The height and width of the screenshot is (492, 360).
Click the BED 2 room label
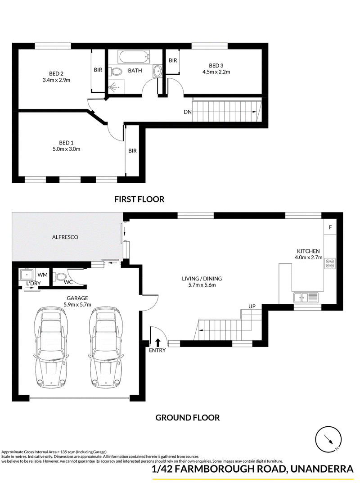(x=56, y=74)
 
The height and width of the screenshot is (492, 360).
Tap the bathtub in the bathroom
(x=133, y=57)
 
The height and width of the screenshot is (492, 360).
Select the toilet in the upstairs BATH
(x=116, y=72)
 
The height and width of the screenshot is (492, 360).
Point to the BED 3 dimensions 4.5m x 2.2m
(x=216, y=72)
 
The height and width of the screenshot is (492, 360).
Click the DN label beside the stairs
(x=188, y=112)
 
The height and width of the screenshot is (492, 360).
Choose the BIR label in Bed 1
(x=132, y=151)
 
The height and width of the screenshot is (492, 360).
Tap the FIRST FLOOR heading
(x=139, y=199)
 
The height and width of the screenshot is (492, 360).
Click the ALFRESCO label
(x=65, y=237)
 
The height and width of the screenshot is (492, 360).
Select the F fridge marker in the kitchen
(x=330, y=227)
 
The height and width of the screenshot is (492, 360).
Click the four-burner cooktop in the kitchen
(x=330, y=263)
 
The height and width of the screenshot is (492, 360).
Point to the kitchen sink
(x=306, y=297)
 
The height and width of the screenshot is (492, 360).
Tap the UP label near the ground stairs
(x=252, y=306)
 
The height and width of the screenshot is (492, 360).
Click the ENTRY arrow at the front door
(x=157, y=342)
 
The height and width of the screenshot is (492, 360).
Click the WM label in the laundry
(x=43, y=275)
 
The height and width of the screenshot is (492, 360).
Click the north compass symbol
(x=328, y=440)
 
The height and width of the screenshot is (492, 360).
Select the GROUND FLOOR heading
(x=188, y=418)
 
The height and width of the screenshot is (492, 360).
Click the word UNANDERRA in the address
(x=322, y=469)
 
